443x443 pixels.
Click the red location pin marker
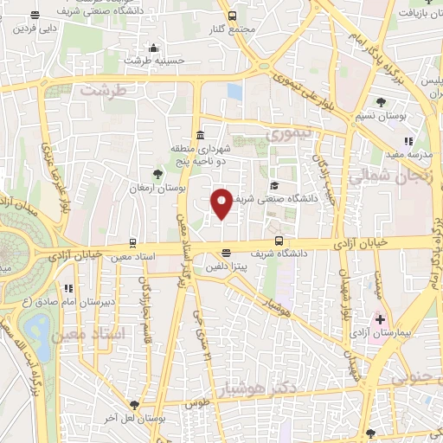point(221,202)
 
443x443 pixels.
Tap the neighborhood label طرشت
point(105,90)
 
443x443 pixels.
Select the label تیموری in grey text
point(286,135)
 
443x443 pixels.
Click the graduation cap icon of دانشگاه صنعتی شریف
point(274,185)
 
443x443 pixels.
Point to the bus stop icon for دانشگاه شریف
point(278,241)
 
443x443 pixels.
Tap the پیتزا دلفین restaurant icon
point(226,254)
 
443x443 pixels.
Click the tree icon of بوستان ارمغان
point(157,174)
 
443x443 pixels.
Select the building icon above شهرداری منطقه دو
point(201,135)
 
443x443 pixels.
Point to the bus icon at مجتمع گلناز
point(232,16)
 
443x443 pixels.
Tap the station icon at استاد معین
point(132,243)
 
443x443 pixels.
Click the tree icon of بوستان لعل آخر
point(133,404)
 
